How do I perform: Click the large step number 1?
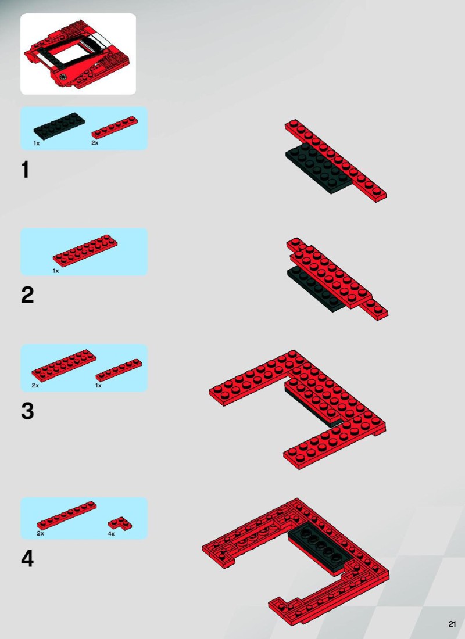(26, 170)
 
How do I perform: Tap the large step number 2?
(27, 295)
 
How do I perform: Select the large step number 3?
(27, 411)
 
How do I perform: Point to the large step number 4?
(27, 558)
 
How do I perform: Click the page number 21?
(452, 624)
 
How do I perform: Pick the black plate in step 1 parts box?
(59, 124)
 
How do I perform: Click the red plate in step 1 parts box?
(115, 127)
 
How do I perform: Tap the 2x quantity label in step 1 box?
(95, 143)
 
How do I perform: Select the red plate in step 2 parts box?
(85, 250)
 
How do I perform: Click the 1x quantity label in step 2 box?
(55, 271)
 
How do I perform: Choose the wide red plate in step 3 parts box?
(64, 365)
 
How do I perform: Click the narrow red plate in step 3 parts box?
(119, 370)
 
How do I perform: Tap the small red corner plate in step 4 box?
(120, 523)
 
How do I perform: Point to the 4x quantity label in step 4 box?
(112, 534)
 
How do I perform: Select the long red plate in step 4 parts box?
(67, 515)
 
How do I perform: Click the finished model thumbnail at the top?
(78, 54)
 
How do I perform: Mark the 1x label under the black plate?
(37, 143)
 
